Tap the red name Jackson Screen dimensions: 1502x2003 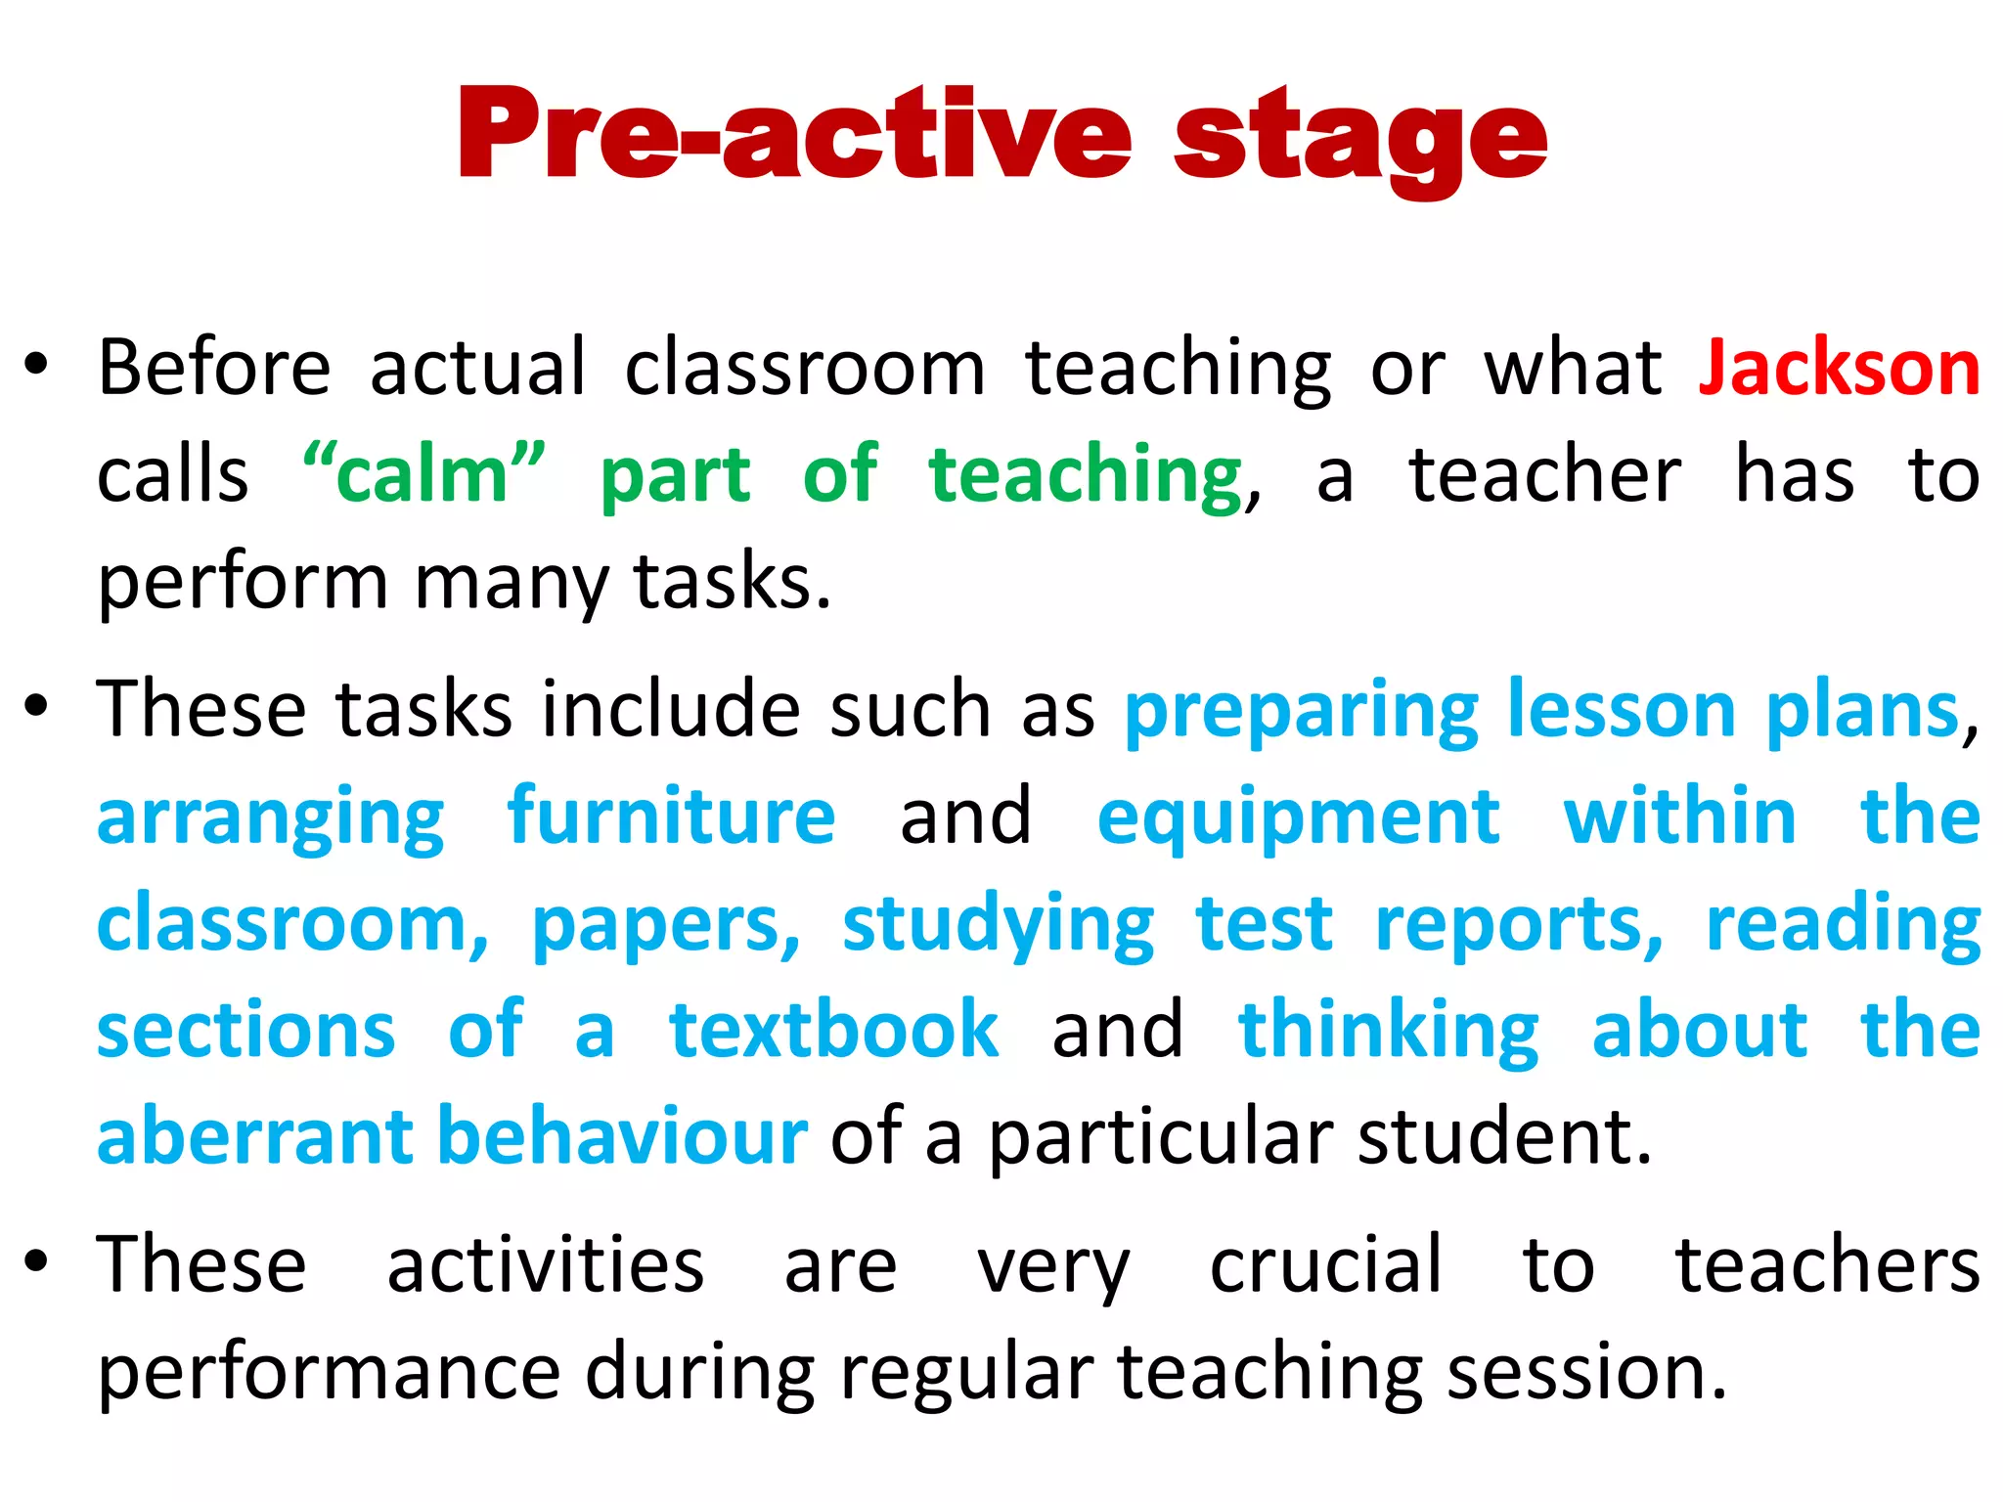click(x=1840, y=369)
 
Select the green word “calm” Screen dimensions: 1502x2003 click(x=423, y=474)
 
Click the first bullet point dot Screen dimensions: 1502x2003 click(x=36, y=366)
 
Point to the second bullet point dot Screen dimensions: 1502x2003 click(x=36, y=706)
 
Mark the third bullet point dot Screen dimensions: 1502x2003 click(x=36, y=1261)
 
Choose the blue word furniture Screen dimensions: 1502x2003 click(x=671, y=817)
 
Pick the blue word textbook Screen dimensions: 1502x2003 click(x=833, y=1030)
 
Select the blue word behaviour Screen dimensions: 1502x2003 click(x=622, y=1136)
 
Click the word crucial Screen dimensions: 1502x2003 click(x=1325, y=1264)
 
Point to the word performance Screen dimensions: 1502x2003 click(x=329, y=1373)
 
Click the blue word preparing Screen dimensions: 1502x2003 click(x=1302, y=712)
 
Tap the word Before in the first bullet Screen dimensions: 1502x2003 click(x=214, y=369)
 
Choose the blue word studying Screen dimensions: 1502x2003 click(x=998, y=925)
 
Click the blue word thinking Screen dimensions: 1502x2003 click(x=1389, y=1032)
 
